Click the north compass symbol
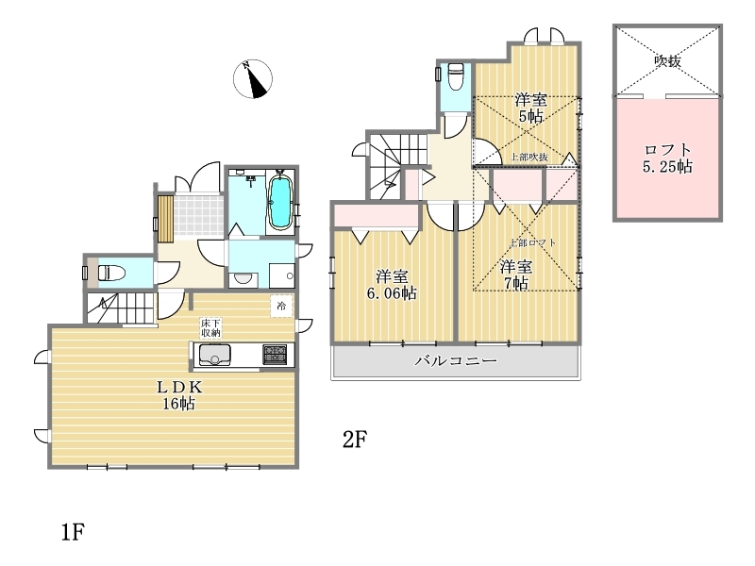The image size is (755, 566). pos(253,79)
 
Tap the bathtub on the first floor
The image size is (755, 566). pos(279,202)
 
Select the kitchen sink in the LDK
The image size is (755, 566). pos(214,356)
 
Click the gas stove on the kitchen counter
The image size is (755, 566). pos(275,355)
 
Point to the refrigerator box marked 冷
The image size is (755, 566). pos(281,306)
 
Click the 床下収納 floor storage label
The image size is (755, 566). pos(210,327)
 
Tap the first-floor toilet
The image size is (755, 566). pos(111,273)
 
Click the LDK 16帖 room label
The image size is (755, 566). pos(178,395)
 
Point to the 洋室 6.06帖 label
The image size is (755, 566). pos(392,285)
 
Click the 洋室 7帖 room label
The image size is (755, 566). pos(515,275)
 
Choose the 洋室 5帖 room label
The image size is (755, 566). pos(530,108)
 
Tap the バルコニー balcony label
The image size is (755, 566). pos(456,360)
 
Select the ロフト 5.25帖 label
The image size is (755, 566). pos(667,158)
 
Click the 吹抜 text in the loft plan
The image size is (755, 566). pos(667,61)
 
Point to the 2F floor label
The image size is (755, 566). pos(355,439)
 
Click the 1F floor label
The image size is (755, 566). pos(74,532)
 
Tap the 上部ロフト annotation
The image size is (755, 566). pos(532,242)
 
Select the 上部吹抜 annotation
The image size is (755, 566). pos(529,157)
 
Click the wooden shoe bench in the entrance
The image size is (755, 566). pos(166,219)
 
